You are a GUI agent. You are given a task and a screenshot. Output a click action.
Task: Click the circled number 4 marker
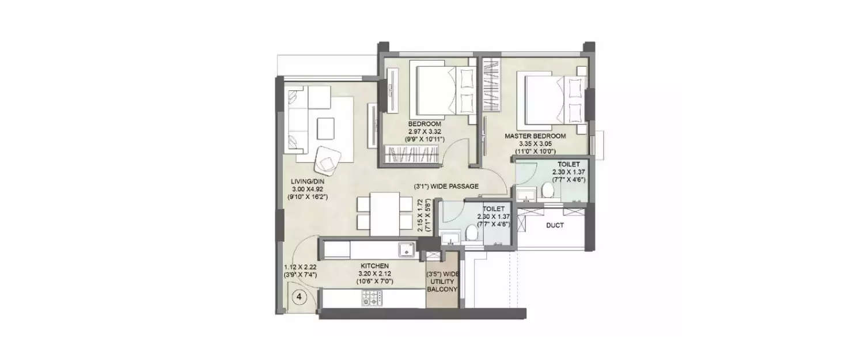pos(299,297)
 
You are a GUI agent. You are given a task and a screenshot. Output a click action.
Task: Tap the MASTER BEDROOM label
pos(535,137)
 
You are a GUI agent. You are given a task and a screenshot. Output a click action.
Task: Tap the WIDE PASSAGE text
pos(455,187)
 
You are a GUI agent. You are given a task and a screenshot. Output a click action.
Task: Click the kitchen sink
pos(407,249)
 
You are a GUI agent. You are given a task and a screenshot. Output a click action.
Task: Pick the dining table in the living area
pos(385,214)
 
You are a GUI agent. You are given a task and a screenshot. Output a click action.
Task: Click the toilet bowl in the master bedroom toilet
pos(547,191)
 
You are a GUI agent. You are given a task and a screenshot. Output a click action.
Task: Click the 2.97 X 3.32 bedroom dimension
pos(425,132)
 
